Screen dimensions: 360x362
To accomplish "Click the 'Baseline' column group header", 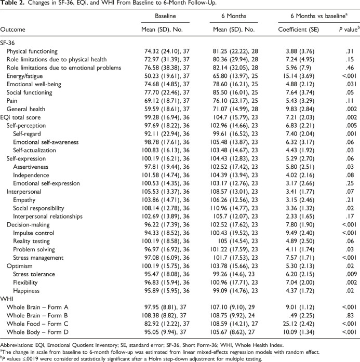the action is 165,16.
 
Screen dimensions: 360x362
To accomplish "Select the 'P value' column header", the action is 349,29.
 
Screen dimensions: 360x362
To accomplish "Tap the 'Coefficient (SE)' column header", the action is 298,30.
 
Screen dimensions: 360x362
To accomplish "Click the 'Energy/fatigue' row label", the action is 24,76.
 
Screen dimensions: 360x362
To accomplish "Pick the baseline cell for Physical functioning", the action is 167,51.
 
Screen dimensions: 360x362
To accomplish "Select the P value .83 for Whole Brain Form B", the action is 350,315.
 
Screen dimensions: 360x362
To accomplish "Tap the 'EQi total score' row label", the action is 20,117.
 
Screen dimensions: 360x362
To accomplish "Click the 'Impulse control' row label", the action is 33,233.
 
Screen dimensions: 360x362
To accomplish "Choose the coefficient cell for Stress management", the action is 300,258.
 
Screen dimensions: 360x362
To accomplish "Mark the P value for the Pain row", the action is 350,101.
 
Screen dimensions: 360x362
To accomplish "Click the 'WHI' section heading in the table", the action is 7,299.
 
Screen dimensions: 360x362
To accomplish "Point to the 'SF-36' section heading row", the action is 8,43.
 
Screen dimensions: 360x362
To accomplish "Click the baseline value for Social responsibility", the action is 166,208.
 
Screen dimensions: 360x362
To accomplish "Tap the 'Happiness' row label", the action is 26,291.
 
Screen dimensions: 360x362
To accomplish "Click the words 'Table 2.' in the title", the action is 12,3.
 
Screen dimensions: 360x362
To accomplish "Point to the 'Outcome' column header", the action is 12,30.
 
